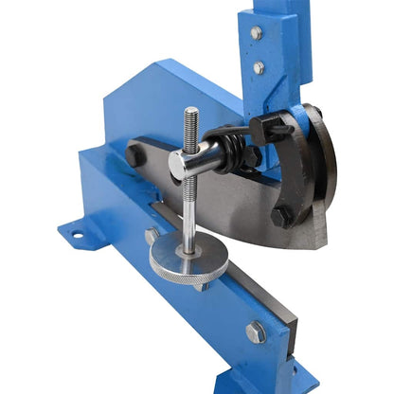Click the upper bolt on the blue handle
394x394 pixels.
(257, 34)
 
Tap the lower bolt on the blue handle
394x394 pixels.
(260, 68)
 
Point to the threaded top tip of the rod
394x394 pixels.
(191, 116)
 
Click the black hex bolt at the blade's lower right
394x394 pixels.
(281, 216)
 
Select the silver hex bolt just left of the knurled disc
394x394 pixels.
(152, 236)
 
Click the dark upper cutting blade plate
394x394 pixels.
(237, 204)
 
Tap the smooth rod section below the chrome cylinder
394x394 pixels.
(190, 213)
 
